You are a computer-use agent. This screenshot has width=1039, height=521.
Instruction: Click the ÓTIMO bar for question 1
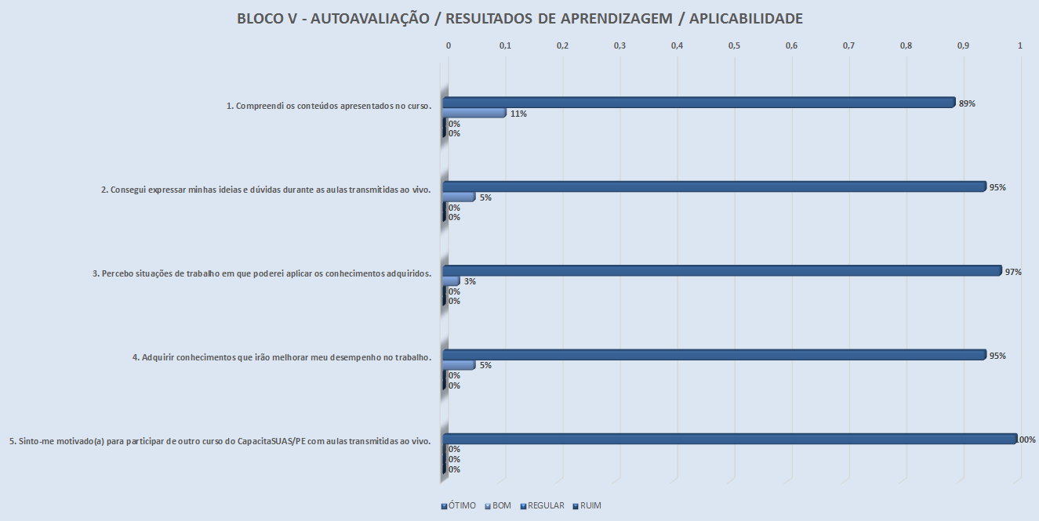tap(698, 103)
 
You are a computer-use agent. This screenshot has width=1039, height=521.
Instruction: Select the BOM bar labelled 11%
tap(474, 113)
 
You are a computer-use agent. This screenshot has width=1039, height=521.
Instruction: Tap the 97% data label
tap(1013, 272)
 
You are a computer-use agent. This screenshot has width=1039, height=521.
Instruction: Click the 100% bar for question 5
tap(729, 439)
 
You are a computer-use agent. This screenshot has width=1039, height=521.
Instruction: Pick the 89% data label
tap(967, 103)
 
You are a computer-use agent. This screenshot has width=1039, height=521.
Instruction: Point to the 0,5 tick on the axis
tap(734, 46)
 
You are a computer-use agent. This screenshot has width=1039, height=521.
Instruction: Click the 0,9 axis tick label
tap(963, 46)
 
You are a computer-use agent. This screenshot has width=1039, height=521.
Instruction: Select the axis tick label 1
tap(1019, 46)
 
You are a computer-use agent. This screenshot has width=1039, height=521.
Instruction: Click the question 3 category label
tap(262, 273)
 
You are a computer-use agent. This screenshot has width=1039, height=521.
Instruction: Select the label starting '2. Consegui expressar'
tap(267, 190)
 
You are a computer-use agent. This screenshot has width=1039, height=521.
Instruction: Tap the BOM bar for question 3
tap(452, 280)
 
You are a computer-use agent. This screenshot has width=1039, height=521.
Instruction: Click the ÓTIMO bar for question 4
tap(714, 355)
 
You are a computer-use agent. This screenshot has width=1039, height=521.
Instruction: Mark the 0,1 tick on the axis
tap(505, 46)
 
